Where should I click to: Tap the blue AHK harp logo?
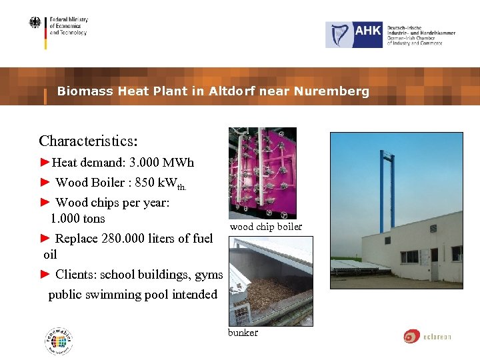[355, 35]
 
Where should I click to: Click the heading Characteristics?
[88, 141]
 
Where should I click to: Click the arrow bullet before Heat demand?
[45, 163]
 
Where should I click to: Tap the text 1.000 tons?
[77, 219]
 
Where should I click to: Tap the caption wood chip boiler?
[265, 227]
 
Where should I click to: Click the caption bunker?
[243, 333]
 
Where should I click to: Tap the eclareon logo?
[427, 337]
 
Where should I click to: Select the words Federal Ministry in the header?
[69, 20]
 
